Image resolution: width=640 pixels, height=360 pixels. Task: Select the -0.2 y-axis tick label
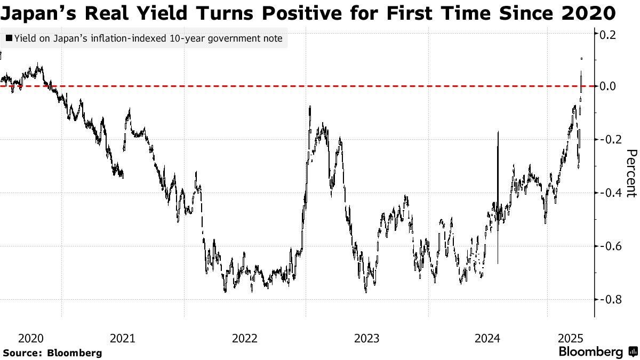pyautogui.click(x=608, y=139)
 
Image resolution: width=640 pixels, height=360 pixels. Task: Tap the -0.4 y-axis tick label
pyautogui.click(x=608, y=193)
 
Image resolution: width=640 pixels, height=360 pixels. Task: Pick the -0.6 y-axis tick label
pyautogui.click(x=608, y=246)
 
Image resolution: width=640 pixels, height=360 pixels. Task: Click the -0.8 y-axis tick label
pyautogui.click(x=608, y=299)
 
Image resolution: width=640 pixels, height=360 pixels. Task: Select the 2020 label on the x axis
pyautogui.click(x=30, y=338)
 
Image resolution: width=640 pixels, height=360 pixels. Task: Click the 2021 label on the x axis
pyautogui.click(x=122, y=338)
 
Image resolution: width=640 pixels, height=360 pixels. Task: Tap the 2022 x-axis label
pyautogui.click(x=245, y=338)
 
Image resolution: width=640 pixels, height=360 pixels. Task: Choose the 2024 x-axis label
pyautogui.click(x=487, y=338)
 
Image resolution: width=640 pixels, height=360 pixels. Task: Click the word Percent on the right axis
pyautogui.click(x=630, y=173)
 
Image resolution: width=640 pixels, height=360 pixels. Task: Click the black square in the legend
pyautogui.click(x=9, y=38)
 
